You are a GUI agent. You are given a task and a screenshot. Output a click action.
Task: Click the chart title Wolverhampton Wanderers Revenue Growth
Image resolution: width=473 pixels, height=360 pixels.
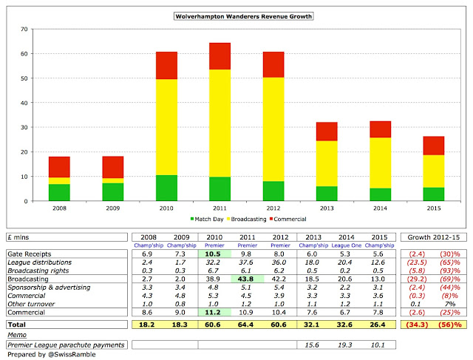coord(236,16)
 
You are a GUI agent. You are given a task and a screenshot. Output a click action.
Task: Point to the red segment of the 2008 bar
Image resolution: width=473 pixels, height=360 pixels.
coord(60,166)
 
